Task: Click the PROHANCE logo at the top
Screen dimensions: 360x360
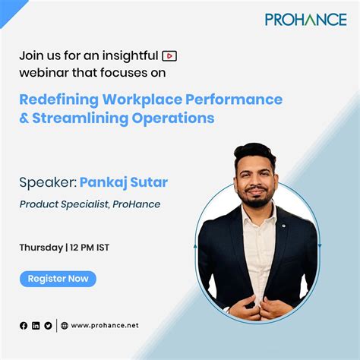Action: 305,19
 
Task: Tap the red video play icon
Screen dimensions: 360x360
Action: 170,55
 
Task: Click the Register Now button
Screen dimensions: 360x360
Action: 58,279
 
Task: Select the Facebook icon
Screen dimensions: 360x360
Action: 24,326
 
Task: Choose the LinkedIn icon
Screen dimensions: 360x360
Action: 36,326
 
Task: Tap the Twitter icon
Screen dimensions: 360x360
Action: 48,326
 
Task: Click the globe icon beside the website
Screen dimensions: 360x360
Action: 65,326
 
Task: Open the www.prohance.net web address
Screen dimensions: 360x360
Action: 105,326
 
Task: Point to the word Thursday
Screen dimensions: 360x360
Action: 41,247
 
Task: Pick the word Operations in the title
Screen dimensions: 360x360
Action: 177,118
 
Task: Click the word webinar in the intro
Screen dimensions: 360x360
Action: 43,73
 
